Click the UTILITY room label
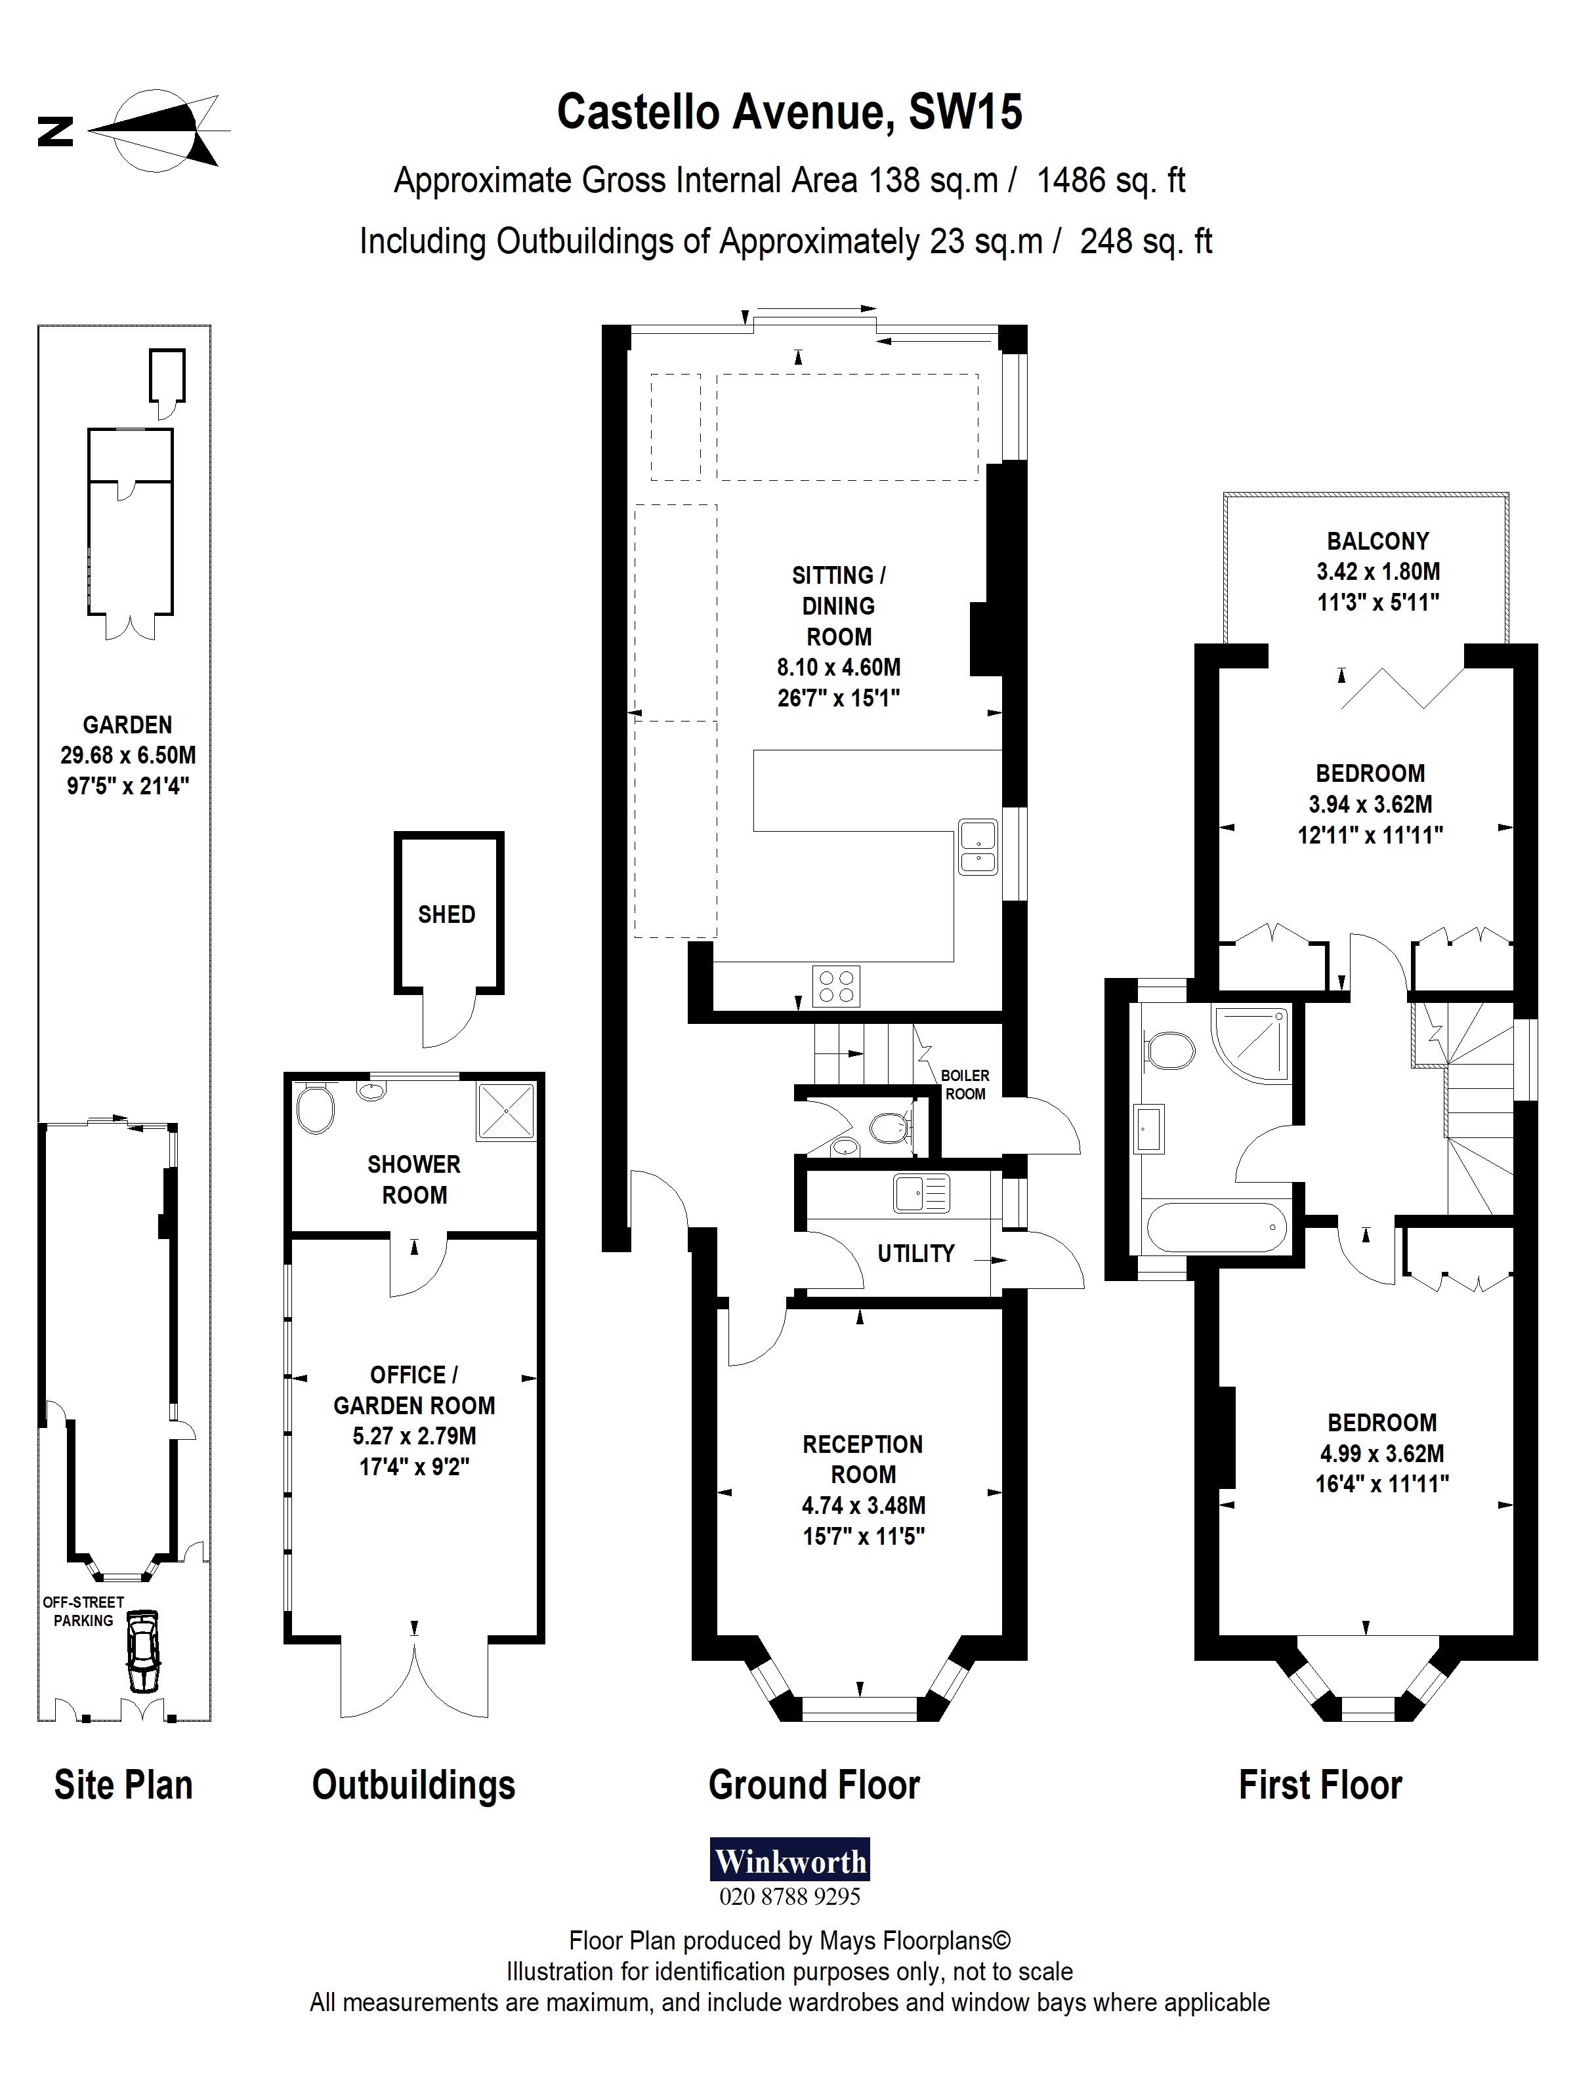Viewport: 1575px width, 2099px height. pos(915,1253)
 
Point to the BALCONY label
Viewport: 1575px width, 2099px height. pos(1377,541)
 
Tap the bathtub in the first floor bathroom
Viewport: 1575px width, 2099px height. pos(1217,1229)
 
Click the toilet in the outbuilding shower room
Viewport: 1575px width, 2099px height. pos(315,1109)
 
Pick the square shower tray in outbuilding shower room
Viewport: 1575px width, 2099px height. pos(505,1111)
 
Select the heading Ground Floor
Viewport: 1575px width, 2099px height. pos(814,1785)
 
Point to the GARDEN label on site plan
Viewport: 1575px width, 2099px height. pos(127,725)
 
